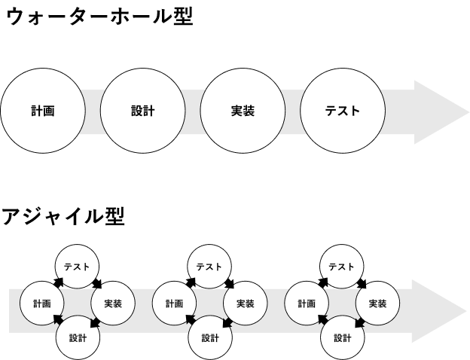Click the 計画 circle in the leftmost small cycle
pyautogui.click(x=41, y=304)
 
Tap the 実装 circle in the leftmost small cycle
pyautogui.click(x=113, y=304)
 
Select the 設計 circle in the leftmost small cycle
pyautogui.click(x=77, y=338)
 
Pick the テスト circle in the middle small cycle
pyautogui.click(x=209, y=267)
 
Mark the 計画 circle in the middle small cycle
pyautogui.click(x=174, y=304)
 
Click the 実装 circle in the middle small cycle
pyautogui.click(x=246, y=304)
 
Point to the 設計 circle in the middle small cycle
pyautogui.click(x=209, y=338)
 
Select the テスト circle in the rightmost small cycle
pyautogui.click(x=341, y=267)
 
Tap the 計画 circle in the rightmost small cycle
pyautogui.click(x=306, y=304)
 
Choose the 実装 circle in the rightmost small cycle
pyautogui.click(x=377, y=304)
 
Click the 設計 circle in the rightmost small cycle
pyautogui.click(x=341, y=338)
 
